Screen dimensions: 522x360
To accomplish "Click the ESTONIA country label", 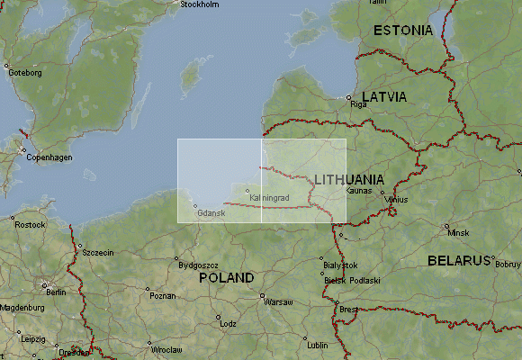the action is [x=402, y=31].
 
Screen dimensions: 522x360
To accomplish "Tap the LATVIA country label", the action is [x=384, y=96].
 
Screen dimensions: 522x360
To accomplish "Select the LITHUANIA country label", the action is [x=350, y=179].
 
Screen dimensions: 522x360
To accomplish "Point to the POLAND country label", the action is [x=227, y=278].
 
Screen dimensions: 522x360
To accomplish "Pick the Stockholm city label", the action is [x=200, y=4].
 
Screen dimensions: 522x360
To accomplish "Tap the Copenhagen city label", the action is [x=49, y=157].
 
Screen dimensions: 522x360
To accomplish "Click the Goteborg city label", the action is [x=25, y=73].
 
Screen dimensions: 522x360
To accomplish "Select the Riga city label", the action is [x=360, y=105].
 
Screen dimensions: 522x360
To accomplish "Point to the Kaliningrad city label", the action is [x=268, y=196].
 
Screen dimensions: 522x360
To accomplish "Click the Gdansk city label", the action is [x=211, y=212].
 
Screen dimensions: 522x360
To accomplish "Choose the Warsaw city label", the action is [x=278, y=302].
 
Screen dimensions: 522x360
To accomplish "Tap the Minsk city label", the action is [x=458, y=233].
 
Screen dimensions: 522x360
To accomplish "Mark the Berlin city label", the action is [x=56, y=292].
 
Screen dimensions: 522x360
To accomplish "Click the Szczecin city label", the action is [x=97, y=253].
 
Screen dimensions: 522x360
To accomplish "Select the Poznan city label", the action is [x=163, y=295].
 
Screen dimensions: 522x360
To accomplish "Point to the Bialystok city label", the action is [x=340, y=265].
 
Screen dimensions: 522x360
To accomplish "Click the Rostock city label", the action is [x=30, y=224].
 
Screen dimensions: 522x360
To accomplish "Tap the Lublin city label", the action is [x=318, y=345].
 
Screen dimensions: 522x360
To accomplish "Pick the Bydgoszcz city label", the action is [x=199, y=265].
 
